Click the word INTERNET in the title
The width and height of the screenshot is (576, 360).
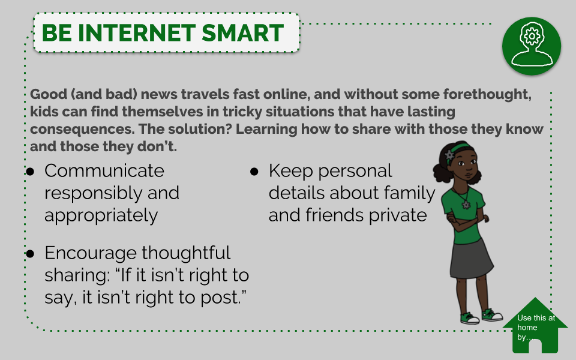coord(137,33)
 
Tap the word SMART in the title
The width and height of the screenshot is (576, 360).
coord(243,33)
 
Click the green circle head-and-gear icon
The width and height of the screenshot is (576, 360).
coord(532,46)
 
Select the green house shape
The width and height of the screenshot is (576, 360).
coord(535,325)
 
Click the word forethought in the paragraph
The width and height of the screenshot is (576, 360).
coord(487,94)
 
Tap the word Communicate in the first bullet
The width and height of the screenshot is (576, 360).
coord(104,171)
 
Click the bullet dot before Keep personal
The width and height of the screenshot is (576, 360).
coord(254,172)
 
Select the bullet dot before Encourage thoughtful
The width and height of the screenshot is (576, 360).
coord(30,253)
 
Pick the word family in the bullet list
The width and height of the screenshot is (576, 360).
coord(409,193)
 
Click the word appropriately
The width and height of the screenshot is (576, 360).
coord(101,215)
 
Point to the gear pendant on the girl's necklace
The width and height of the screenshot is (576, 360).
coord(466,205)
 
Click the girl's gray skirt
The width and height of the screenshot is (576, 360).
coord(472,259)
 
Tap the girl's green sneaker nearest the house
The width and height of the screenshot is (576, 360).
coord(492,315)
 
